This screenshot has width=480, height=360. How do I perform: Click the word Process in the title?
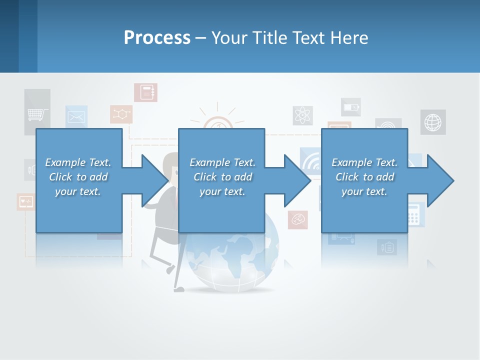click(157, 38)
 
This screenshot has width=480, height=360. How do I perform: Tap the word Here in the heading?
click(348, 38)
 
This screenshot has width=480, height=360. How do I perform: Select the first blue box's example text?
click(78, 177)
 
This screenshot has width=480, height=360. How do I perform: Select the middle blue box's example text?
click(222, 177)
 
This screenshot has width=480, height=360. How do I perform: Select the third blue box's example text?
click(364, 177)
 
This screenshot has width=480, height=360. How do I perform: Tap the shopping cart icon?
click(37, 114)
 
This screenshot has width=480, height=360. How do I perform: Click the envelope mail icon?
click(76, 117)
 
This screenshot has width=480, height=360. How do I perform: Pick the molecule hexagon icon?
click(121, 114)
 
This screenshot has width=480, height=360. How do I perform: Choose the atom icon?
click(303, 115)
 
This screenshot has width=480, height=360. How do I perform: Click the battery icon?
click(350, 107)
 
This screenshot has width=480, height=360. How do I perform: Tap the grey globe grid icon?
click(432, 122)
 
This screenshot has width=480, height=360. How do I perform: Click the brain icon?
click(298, 219)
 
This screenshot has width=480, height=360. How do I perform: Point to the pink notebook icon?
click(145, 92)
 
